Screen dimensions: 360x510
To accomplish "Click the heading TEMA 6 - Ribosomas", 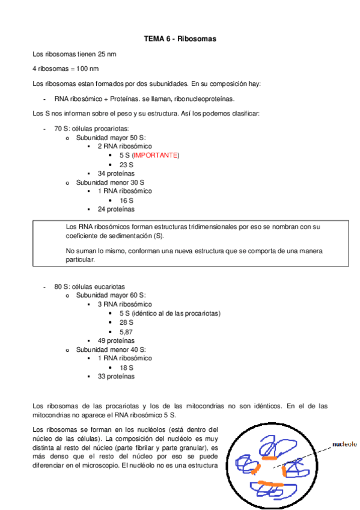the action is pos(180,39).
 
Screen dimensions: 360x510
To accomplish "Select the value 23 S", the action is pos(126,164).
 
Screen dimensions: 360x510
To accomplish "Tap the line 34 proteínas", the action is pos(115,173).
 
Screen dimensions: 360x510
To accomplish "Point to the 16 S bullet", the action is pos(126,200).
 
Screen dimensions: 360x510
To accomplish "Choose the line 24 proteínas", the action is pos(115,209).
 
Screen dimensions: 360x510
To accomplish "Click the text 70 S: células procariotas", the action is pos(91,128).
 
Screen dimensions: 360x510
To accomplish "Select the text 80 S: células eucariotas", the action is pos(90,286).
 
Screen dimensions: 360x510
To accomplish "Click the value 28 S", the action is pos(126,322).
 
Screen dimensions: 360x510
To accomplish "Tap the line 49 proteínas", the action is pos(115,340).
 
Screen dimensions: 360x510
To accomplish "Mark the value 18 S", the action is pos(126,367).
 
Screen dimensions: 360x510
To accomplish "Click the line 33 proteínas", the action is pos(115,376).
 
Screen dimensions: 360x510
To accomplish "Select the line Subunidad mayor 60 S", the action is pos(111,295).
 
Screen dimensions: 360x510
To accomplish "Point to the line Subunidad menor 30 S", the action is pos(110,182).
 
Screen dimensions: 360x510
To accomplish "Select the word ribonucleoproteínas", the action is pos(204,99).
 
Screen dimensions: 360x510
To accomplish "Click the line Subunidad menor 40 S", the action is pos(111,349).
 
